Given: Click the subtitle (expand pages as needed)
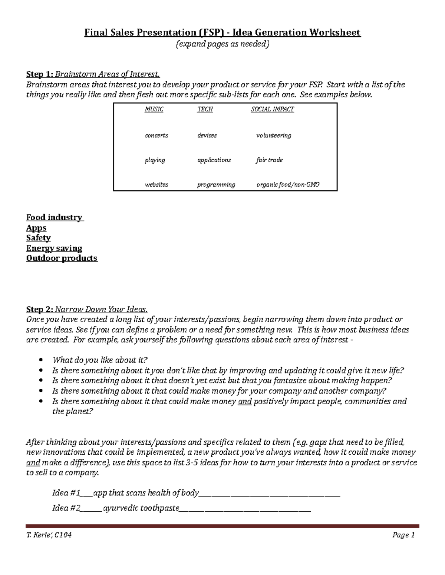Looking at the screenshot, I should [222, 44].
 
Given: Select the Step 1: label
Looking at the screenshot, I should [40, 74].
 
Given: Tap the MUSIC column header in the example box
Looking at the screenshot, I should [154, 109].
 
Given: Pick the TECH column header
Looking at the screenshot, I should [205, 109].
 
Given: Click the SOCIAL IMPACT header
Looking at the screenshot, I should [272, 109].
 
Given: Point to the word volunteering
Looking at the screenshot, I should [274, 136].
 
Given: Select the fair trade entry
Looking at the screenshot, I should [269, 160].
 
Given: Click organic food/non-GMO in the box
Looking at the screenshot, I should [288, 184].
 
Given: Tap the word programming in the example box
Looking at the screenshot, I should [216, 184].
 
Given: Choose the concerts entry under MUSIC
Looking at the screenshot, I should [156, 136].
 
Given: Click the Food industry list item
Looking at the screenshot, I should [54, 217].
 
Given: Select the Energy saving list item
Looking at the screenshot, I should [54, 248].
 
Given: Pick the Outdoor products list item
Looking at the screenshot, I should [62, 258].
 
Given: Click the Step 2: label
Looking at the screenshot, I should [40, 310].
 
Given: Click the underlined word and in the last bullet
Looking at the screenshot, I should [245, 401].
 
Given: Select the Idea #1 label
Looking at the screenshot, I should [66, 493].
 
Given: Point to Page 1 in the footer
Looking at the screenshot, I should [403, 535].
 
